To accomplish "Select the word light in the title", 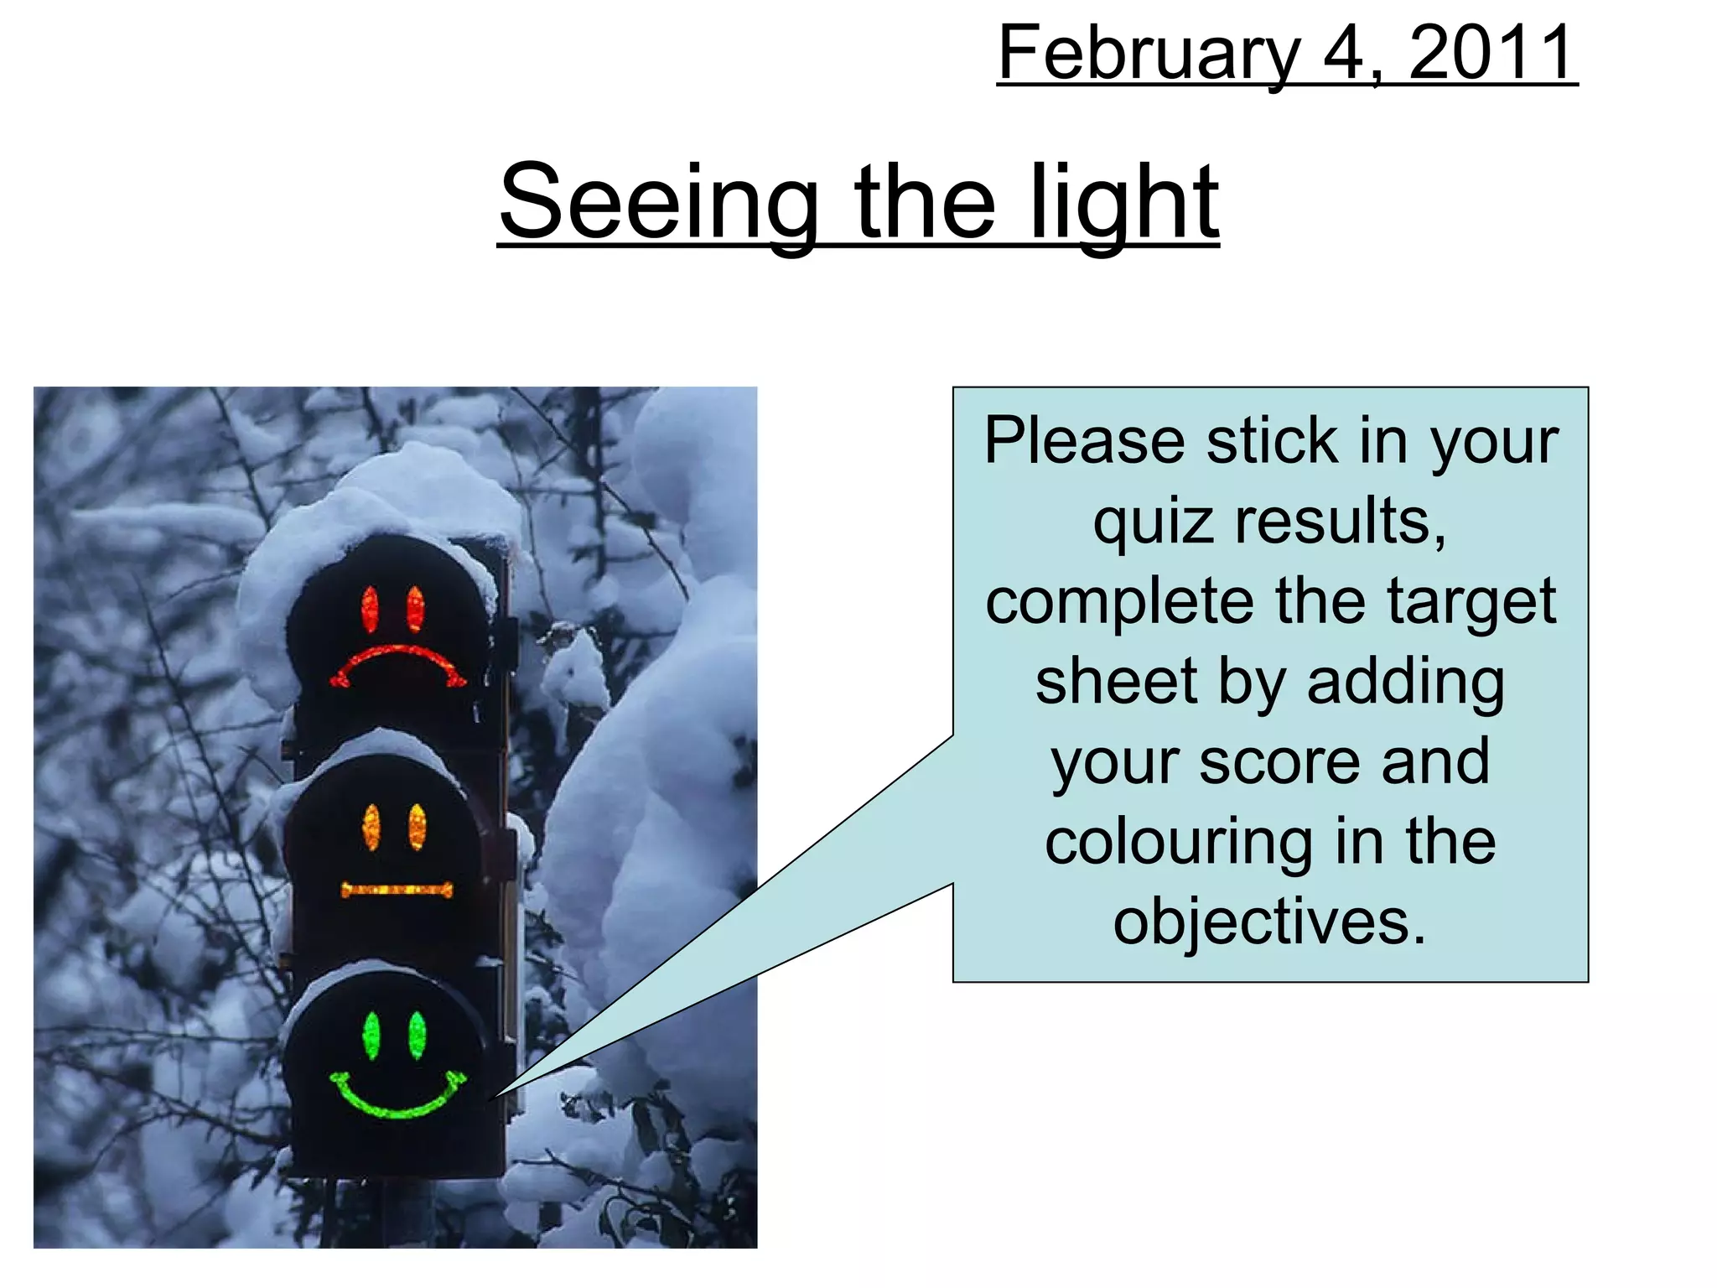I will (x=1123, y=203).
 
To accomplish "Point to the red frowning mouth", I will (x=397, y=662).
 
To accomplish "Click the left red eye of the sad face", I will (x=370, y=609).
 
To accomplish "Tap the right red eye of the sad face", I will (x=415, y=609).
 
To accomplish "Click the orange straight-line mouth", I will (x=397, y=890).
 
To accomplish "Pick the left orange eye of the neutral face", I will (x=371, y=827).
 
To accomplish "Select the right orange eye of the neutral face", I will (x=417, y=827).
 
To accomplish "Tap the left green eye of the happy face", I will (x=371, y=1036).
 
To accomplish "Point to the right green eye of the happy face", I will (x=417, y=1036).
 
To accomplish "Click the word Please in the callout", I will (x=1085, y=441).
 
